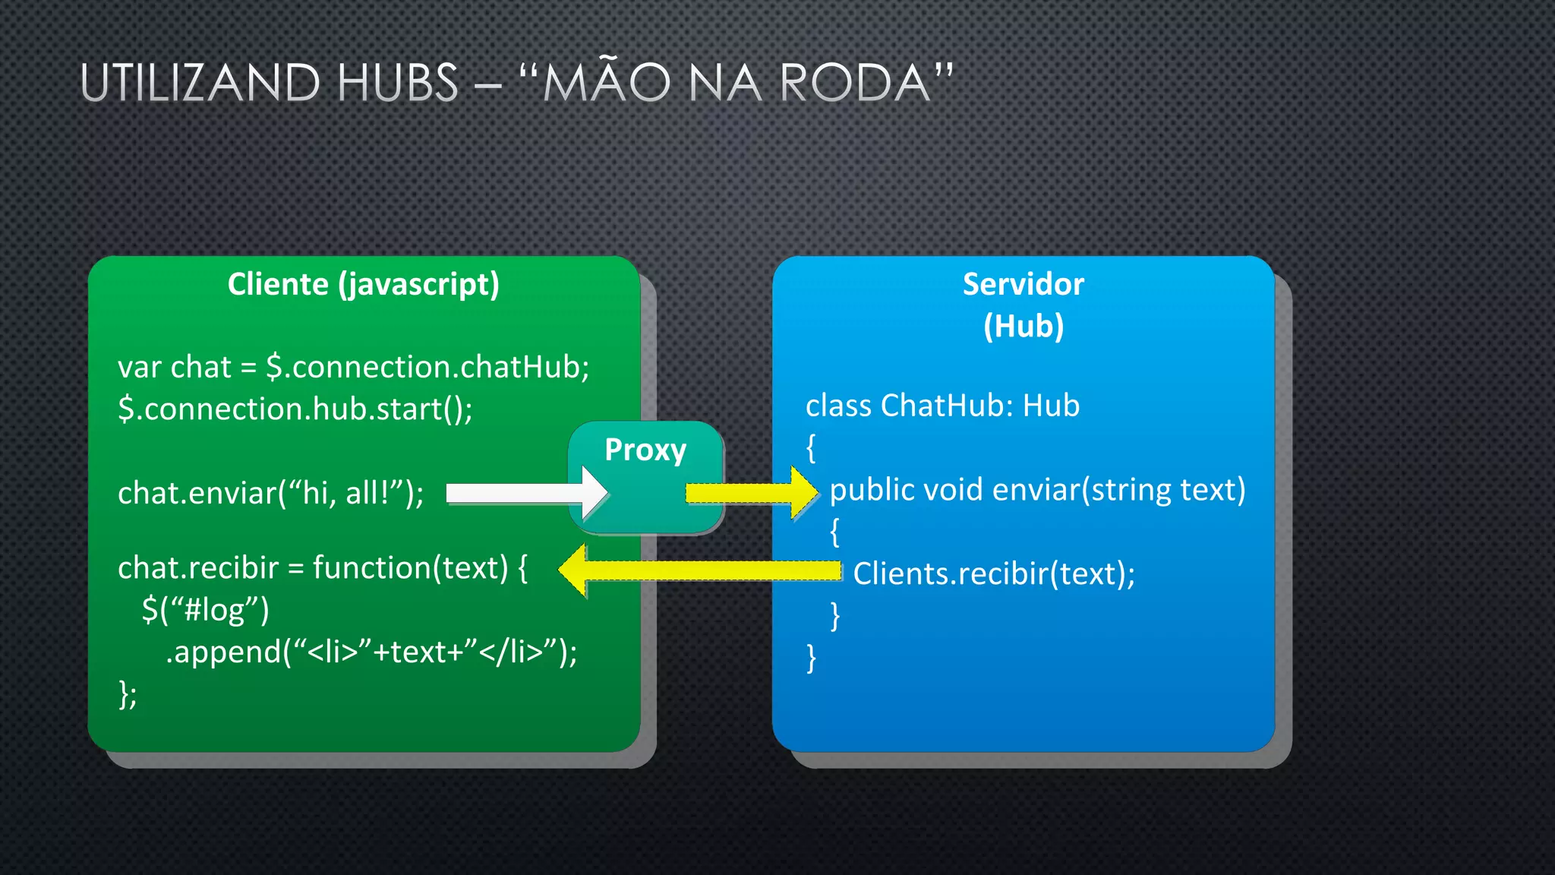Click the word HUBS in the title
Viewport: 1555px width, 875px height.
(x=397, y=83)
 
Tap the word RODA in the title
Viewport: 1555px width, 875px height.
(x=855, y=83)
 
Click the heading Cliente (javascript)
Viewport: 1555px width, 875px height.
(x=364, y=284)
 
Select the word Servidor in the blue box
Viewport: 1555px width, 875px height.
(x=1023, y=284)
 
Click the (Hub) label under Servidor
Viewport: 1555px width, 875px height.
(x=1023, y=326)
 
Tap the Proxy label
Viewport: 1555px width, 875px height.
(x=645, y=450)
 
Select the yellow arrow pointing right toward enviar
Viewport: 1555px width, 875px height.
(x=752, y=494)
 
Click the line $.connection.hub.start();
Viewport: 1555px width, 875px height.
(x=295, y=409)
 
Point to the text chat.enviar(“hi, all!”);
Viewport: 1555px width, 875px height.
(x=270, y=494)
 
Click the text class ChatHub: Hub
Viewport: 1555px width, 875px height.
(x=942, y=406)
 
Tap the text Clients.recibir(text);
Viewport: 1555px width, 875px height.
(x=993, y=573)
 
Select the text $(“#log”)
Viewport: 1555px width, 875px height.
(x=205, y=610)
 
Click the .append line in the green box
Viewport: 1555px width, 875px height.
(x=371, y=652)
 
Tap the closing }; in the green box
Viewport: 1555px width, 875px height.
(x=128, y=694)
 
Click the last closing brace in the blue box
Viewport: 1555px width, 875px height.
(x=811, y=658)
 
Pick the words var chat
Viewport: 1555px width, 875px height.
(x=174, y=368)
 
